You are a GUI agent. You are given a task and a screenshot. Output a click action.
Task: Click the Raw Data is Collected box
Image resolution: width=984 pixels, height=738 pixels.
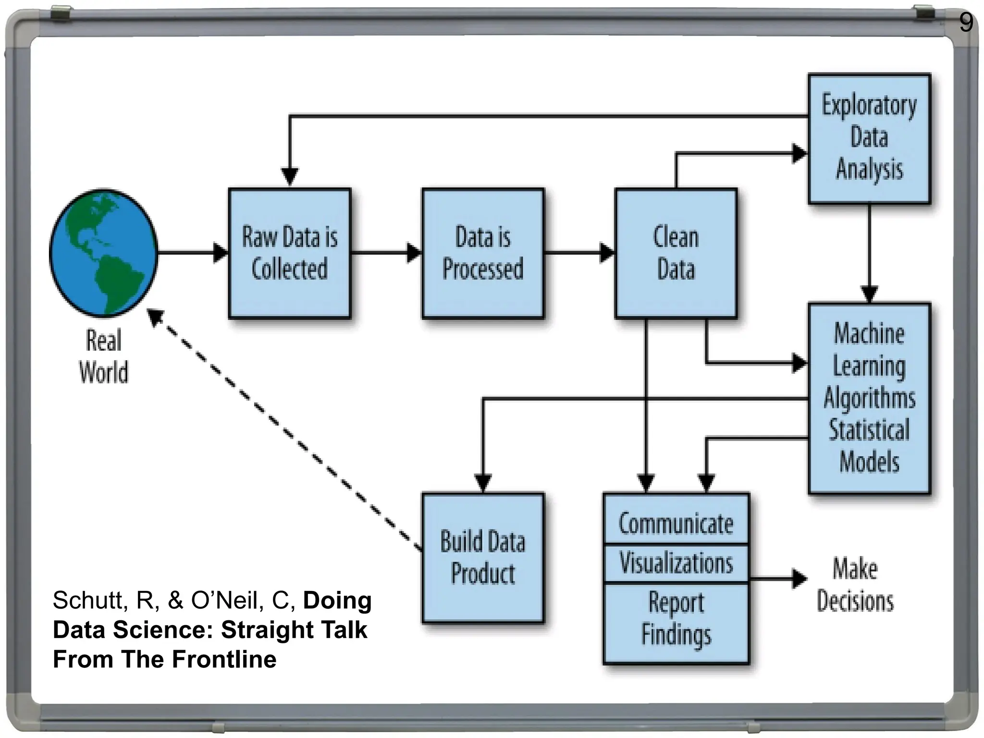289,253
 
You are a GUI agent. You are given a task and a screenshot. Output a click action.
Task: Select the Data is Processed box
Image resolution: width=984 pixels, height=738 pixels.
482,253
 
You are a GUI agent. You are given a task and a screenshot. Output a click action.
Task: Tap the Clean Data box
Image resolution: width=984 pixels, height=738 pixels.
676,253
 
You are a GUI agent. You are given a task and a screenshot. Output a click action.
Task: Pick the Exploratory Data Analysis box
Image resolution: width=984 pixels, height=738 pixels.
869,138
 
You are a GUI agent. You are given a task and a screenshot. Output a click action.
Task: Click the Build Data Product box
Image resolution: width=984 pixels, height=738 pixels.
482,557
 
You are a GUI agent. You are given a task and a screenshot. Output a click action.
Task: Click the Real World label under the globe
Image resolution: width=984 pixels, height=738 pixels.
103,356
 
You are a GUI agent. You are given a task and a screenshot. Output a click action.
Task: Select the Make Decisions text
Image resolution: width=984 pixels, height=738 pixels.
855,585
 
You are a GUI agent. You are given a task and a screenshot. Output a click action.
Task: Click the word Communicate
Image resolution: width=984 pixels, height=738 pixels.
676,524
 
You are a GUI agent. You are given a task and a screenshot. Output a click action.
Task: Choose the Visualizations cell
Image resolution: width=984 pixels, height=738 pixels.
676,563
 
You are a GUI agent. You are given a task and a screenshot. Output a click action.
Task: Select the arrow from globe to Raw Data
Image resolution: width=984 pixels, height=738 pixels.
192,252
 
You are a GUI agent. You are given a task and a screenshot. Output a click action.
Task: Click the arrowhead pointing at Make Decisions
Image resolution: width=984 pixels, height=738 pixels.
799,578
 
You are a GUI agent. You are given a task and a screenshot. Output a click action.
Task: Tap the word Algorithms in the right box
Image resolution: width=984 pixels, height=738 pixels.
869,398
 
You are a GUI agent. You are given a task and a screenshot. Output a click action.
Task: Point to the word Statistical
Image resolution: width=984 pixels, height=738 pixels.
869,430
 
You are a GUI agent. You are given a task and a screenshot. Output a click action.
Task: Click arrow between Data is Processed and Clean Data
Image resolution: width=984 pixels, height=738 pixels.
579,252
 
